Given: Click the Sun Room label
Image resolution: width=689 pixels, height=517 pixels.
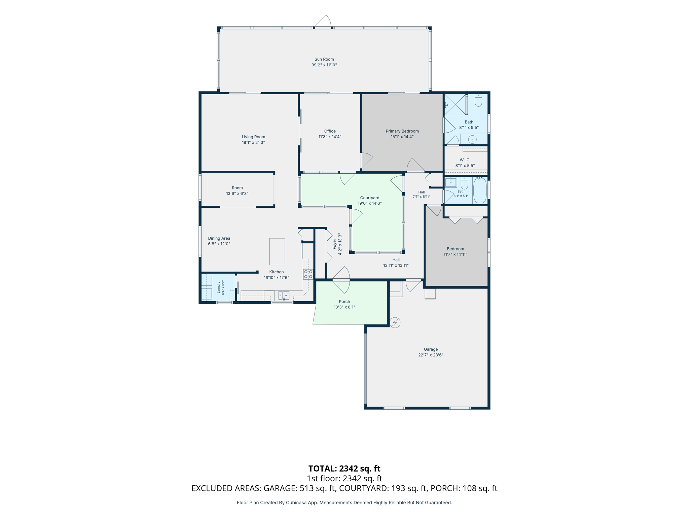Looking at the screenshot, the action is (x=324, y=59).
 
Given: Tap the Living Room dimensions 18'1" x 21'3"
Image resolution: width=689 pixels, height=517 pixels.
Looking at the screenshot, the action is (x=253, y=142).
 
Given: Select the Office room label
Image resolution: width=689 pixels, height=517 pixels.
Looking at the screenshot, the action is (x=330, y=131).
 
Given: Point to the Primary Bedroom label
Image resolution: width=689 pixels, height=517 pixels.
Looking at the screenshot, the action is (x=402, y=131).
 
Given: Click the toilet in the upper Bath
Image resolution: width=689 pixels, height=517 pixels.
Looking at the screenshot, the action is (x=478, y=100).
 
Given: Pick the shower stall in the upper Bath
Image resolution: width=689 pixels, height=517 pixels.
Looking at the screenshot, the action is (x=456, y=105).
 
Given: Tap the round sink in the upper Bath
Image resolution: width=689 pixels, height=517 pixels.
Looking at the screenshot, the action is (x=472, y=139).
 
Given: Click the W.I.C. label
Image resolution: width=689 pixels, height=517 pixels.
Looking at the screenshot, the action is (x=465, y=160).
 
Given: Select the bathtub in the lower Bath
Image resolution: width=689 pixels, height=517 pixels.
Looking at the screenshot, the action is (x=480, y=190).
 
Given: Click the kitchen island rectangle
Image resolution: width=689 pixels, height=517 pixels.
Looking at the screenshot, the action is (x=277, y=251).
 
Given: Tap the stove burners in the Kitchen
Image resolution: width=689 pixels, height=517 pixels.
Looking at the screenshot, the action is (x=308, y=274).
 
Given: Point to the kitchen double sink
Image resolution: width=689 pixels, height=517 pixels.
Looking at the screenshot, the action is (x=284, y=295).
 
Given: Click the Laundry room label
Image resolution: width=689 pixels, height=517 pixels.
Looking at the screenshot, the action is (x=219, y=287).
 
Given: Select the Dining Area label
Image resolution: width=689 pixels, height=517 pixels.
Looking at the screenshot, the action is (x=219, y=238).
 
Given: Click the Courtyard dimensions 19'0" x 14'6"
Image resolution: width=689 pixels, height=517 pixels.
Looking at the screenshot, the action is (x=369, y=203).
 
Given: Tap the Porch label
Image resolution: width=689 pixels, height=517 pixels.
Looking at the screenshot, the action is (x=344, y=302).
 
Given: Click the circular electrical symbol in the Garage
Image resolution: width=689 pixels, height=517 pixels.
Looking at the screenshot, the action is (x=395, y=322).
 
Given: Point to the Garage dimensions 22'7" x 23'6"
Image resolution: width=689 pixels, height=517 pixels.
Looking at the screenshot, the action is (x=431, y=355).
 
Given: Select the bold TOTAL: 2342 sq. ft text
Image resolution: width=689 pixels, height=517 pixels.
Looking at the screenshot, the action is (x=344, y=469).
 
